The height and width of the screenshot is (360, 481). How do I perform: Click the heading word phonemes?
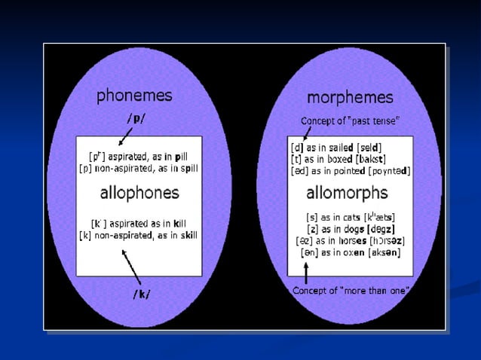click(133, 96)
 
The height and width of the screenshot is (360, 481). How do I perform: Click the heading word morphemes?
click(349, 97)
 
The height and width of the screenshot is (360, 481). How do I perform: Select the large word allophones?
click(139, 192)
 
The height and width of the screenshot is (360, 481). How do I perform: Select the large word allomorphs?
click(348, 194)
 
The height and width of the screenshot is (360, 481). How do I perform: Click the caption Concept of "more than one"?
click(351, 290)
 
